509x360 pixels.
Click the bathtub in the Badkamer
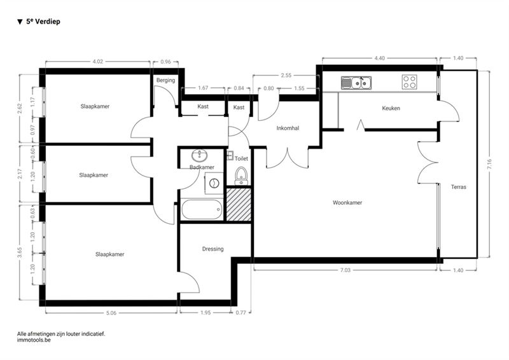click(202, 209)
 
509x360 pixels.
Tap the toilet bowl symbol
click(241, 176)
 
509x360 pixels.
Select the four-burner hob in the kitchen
click(409, 82)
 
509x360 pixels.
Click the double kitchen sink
click(356, 83)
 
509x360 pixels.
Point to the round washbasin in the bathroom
click(199, 156)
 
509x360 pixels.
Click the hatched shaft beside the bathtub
click(239, 205)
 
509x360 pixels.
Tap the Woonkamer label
click(347, 202)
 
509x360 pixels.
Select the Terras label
click(458, 187)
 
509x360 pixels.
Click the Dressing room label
click(213, 249)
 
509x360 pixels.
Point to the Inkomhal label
click(288, 128)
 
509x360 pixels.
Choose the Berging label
click(165, 80)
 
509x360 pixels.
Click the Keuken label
click(391, 108)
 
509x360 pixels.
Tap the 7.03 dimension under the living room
click(345, 270)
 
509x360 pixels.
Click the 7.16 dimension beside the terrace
click(489, 164)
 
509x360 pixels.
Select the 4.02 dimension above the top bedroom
click(98, 61)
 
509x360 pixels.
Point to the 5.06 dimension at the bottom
click(111, 313)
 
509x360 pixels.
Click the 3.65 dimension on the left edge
click(20, 253)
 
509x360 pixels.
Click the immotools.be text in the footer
click(34, 340)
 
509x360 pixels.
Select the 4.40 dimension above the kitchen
click(379, 58)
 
